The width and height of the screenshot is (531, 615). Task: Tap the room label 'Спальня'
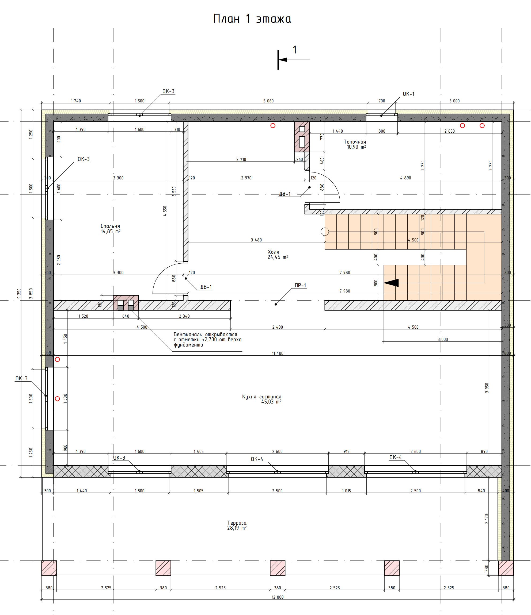tap(110, 226)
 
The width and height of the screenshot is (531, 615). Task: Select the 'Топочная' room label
tap(355, 142)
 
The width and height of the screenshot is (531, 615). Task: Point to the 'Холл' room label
tap(273, 252)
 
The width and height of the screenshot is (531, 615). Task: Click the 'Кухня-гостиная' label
tap(261, 397)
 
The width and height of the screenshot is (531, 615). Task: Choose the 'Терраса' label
tap(237, 523)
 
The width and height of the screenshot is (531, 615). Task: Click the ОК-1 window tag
tap(409, 94)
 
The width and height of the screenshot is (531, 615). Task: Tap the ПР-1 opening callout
tap(300, 286)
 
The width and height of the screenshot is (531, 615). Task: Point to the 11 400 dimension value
tap(278, 353)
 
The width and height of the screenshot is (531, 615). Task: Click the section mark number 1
tap(295, 49)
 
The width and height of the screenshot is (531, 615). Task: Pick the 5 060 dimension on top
tap(268, 101)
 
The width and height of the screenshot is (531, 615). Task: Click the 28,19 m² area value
tap(237, 528)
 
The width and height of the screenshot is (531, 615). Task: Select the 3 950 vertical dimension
tap(487, 388)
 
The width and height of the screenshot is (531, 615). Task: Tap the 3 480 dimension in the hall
tap(256, 240)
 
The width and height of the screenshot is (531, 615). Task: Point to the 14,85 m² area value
tap(111, 232)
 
